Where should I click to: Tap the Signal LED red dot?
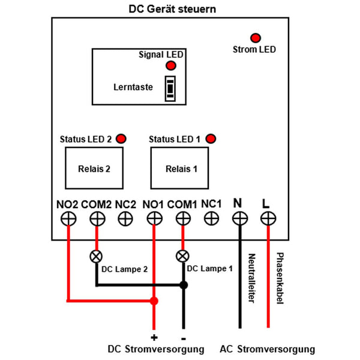[x=171, y=65]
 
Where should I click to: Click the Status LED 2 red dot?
[x=121, y=139]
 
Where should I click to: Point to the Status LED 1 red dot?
[x=211, y=139]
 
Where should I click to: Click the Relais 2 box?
[x=94, y=169]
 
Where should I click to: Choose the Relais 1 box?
[x=180, y=169]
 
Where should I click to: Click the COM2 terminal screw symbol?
[x=96, y=219]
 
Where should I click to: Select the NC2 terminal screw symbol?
[x=125, y=219]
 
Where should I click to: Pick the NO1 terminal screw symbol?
[x=154, y=219]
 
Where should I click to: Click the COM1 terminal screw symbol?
[x=182, y=219]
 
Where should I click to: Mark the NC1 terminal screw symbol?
[x=211, y=219]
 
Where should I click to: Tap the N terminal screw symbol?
[x=239, y=219]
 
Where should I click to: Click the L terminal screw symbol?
[x=267, y=219]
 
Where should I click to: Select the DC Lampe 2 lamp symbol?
[x=96, y=256]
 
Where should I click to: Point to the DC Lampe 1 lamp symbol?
[x=182, y=256]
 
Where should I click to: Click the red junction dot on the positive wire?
[x=154, y=300]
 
